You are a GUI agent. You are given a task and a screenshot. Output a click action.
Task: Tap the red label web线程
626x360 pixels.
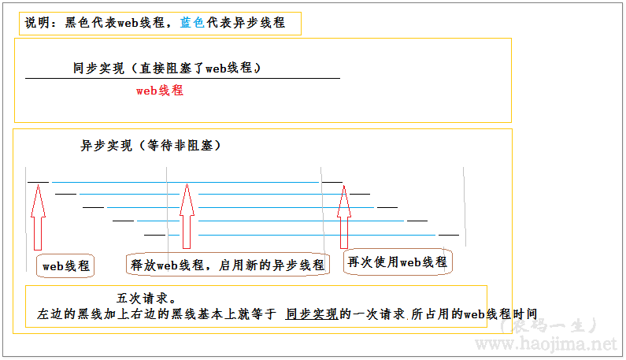pos(160,91)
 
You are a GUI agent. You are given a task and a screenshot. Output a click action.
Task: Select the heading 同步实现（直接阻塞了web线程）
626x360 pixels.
pos(167,69)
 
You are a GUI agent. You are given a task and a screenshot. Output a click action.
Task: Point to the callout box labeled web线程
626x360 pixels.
pos(65,265)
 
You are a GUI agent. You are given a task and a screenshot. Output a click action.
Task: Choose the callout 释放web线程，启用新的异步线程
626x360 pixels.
pos(227,265)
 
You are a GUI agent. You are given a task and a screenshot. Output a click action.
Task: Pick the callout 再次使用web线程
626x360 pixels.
pos(398,262)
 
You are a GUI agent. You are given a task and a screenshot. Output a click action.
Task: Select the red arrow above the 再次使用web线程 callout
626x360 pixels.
pos(343,217)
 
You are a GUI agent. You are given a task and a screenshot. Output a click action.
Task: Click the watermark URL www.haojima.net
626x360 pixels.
pos(543,344)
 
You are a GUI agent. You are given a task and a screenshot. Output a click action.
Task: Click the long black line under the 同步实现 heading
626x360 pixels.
pos(183,79)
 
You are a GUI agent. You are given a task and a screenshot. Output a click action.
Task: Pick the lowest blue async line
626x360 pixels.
pos(315,235)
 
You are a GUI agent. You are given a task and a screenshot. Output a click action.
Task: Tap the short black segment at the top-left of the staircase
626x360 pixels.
pos(38,182)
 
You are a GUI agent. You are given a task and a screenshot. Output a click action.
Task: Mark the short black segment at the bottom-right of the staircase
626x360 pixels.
pos(449,235)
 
